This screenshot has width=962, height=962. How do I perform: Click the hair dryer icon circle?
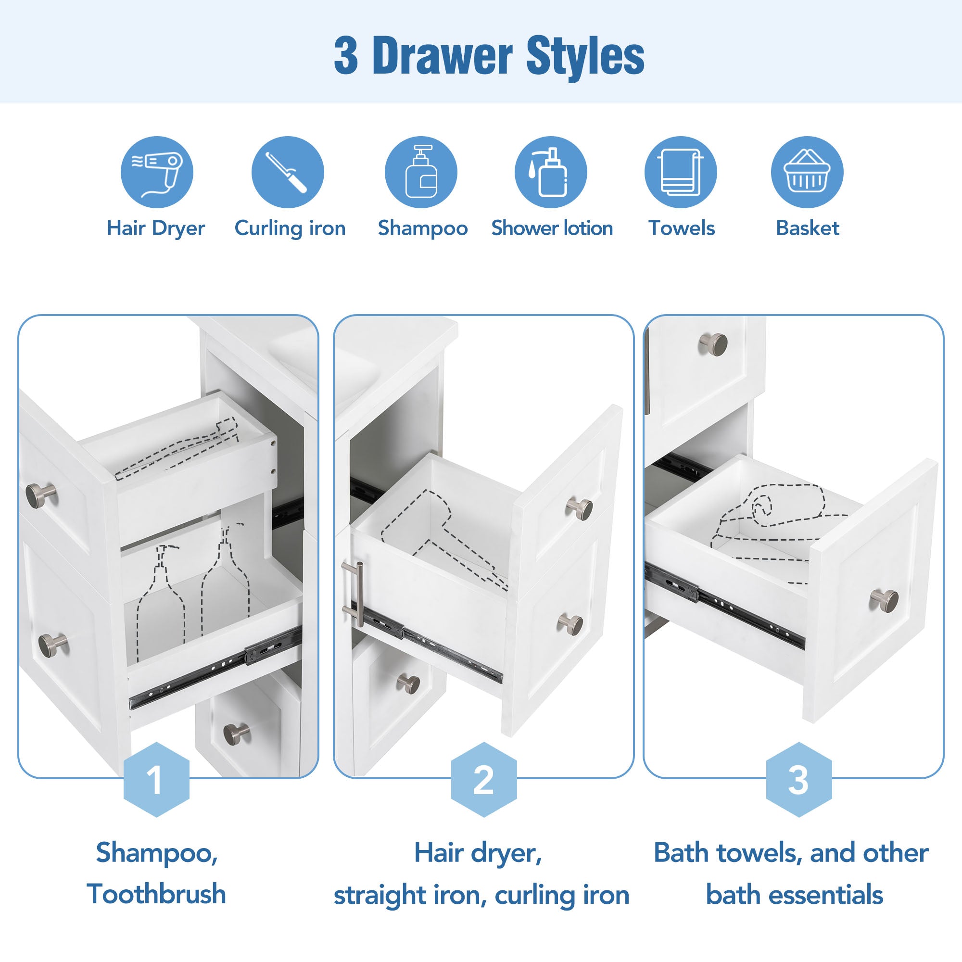point(157,172)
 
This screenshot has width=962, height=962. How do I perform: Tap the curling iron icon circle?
point(288,172)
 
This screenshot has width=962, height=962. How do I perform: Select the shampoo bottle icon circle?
point(421,172)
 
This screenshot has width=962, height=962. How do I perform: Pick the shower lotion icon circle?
point(551,172)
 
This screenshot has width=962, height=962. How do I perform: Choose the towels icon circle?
point(681,172)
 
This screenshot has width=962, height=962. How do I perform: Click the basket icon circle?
point(807,172)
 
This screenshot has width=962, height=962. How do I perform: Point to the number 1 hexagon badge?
point(156,779)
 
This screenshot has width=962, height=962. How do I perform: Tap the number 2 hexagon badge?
point(484,779)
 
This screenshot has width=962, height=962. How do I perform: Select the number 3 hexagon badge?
point(798,779)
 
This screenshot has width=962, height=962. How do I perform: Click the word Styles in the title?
point(585,56)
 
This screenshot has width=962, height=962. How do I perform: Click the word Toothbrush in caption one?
point(156,894)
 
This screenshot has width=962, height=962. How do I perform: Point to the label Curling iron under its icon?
point(290,228)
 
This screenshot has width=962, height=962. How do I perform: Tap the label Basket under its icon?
point(808,228)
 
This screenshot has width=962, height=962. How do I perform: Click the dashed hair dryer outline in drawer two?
point(443,540)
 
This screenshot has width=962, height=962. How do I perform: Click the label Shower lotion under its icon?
point(552,228)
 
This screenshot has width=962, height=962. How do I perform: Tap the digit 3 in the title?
point(346,56)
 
